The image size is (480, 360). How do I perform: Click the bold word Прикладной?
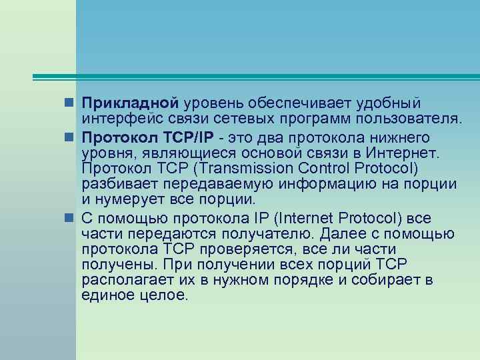point(129,104)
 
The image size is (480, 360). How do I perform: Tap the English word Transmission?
point(243,169)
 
